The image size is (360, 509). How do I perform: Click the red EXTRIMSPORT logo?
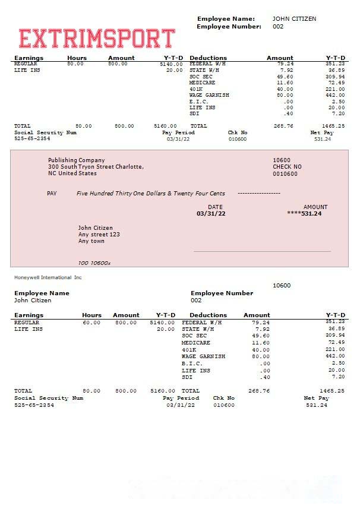pyautogui.click(x=97, y=38)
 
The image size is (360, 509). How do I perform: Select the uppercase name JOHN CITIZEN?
pyautogui.click(x=294, y=19)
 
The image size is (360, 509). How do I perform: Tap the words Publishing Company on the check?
pyautogui.click(x=76, y=160)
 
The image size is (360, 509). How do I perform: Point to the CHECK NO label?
pyautogui.click(x=287, y=167)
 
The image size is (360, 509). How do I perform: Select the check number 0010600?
pyautogui.click(x=285, y=174)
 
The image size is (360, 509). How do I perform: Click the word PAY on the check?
pyautogui.click(x=52, y=194)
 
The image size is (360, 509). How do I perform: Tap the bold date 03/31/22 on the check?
pyautogui.click(x=211, y=213)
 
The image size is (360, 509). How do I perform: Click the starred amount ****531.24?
pyautogui.click(x=304, y=213)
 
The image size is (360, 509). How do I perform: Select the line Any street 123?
pyautogui.click(x=99, y=235)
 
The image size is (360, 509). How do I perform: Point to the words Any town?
pyautogui.click(x=91, y=241)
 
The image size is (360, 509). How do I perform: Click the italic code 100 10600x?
pyautogui.click(x=94, y=263)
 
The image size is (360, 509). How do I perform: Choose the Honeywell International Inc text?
pyautogui.click(x=48, y=277)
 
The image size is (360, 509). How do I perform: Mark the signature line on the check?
pyautogui.click(x=262, y=252)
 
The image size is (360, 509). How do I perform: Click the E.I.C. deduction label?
pyautogui.click(x=199, y=102)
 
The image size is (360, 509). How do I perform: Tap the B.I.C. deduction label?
pyautogui.click(x=192, y=363)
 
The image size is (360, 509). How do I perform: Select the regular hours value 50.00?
pyautogui.click(x=75, y=64)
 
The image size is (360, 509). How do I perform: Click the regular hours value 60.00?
pyautogui.click(x=91, y=323)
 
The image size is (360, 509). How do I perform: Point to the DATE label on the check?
pyautogui.click(x=215, y=207)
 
